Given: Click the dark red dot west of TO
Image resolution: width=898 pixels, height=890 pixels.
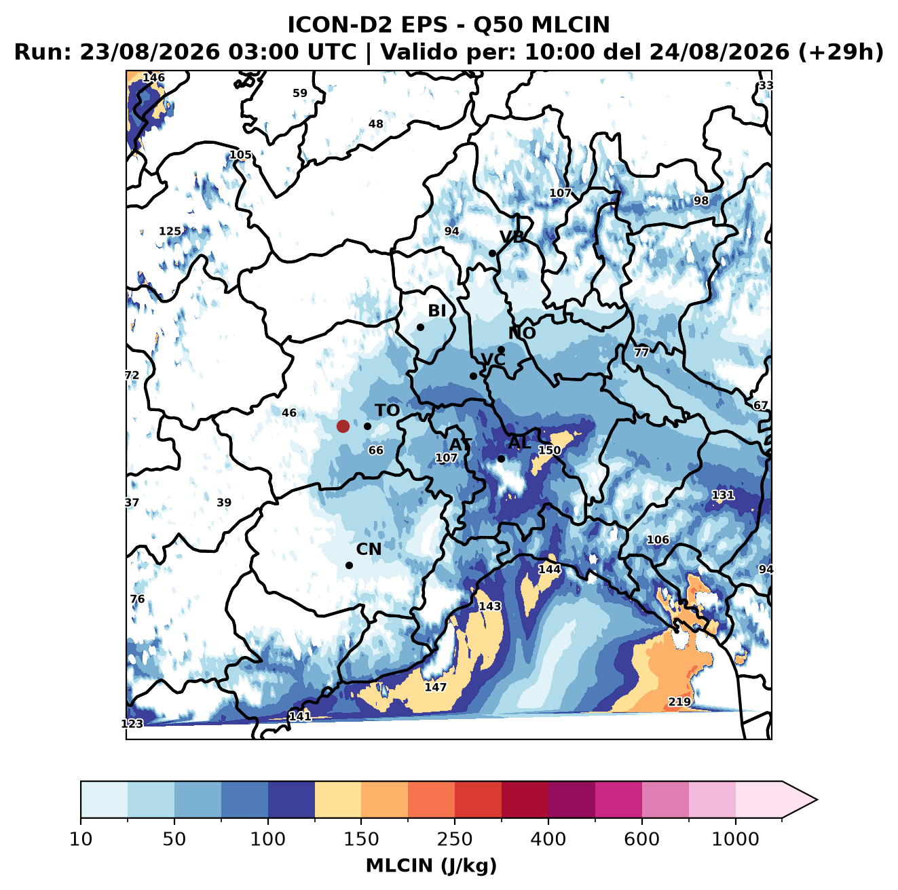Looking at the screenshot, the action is (x=343, y=426).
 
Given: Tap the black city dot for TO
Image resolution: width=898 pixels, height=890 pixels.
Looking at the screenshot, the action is (x=367, y=426).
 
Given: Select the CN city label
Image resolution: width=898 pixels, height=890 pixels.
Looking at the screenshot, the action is (x=369, y=549).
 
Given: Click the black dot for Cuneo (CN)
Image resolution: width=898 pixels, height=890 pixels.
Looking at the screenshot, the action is (x=349, y=565).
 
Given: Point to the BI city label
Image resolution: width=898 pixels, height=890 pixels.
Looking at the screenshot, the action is (x=436, y=311).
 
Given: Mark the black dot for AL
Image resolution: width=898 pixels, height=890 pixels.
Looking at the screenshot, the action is (x=501, y=459).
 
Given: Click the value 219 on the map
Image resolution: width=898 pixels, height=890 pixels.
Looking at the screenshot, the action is (x=679, y=701).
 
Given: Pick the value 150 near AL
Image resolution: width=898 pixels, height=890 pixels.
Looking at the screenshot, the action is (x=549, y=450).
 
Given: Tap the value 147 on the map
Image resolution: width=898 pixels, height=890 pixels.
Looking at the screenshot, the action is (x=435, y=687).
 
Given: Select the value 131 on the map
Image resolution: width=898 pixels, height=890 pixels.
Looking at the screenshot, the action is (x=723, y=495).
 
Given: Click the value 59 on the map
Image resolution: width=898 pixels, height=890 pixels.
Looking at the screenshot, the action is (x=299, y=93).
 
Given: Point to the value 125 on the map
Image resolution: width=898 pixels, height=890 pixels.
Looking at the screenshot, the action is (x=170, y=231).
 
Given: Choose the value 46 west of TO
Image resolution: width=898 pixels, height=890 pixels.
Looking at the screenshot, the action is (x=289, y=412).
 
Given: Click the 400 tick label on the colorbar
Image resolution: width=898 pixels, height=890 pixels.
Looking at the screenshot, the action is (x=548, y=839).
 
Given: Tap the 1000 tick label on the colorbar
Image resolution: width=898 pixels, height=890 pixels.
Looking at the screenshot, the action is (x=735, y=839).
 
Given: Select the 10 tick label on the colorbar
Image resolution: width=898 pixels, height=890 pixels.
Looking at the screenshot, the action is (x=81, y=839).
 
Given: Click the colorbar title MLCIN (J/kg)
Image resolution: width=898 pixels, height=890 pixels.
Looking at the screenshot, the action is (x=431, y=866).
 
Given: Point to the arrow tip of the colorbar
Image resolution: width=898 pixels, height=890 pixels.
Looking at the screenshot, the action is (x=817, y=800).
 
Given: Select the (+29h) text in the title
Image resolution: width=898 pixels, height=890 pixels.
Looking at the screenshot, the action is (x=841, y=52).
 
